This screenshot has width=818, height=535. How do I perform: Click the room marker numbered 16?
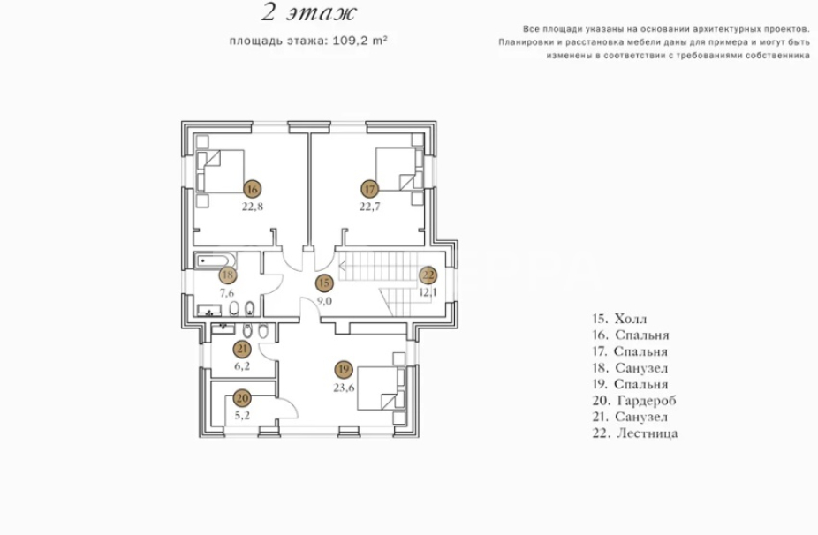coord(252,188)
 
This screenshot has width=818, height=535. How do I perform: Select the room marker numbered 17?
coord(369,188)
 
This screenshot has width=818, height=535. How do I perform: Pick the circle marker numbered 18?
coord(227,275)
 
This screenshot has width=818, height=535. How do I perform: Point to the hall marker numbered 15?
coord(324,283)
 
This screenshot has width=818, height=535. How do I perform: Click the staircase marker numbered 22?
coord(428,275)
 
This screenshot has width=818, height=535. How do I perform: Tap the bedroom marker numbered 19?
coord(345,368)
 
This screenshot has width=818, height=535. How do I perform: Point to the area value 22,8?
coord(252,207)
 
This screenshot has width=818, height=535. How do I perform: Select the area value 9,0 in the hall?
coord(324,301)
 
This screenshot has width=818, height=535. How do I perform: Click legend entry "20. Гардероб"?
coord(634,401)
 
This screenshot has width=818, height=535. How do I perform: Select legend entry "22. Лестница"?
coord(635,433)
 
